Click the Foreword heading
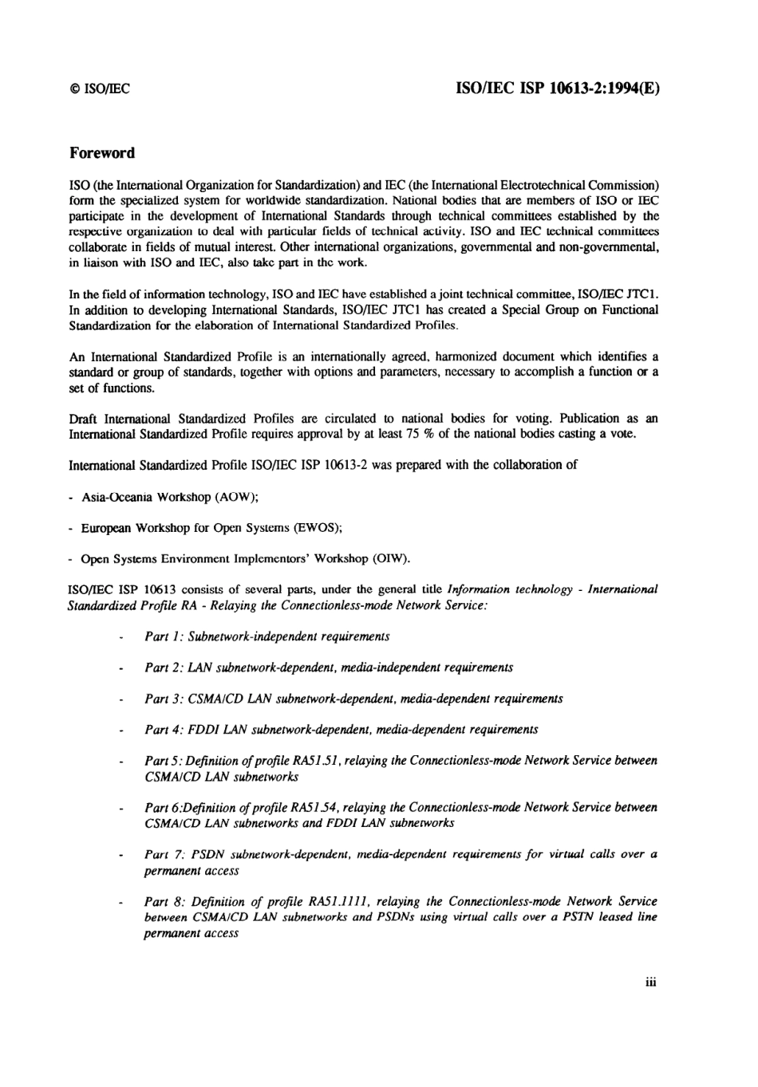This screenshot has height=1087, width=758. (x=101, y=152)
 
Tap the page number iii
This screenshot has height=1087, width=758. (x=650, y=983)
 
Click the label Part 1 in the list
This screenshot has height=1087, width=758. (x=163, y=636)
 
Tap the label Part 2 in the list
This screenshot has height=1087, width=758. (x=163, y=668)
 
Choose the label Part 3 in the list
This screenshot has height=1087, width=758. (x=163, y=699)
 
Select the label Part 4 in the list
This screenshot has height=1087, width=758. (x=163, y=730)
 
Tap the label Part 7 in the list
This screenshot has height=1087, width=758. (x=163, y=855)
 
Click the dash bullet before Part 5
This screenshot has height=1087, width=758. (x=120, y=762)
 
